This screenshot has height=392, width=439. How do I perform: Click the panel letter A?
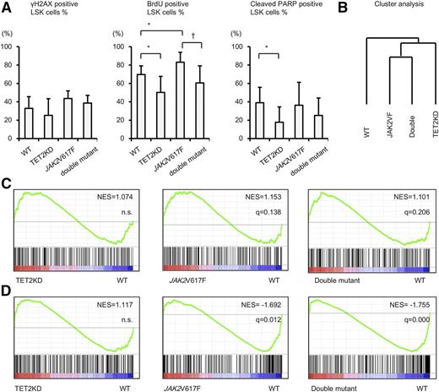pos(7,8)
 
